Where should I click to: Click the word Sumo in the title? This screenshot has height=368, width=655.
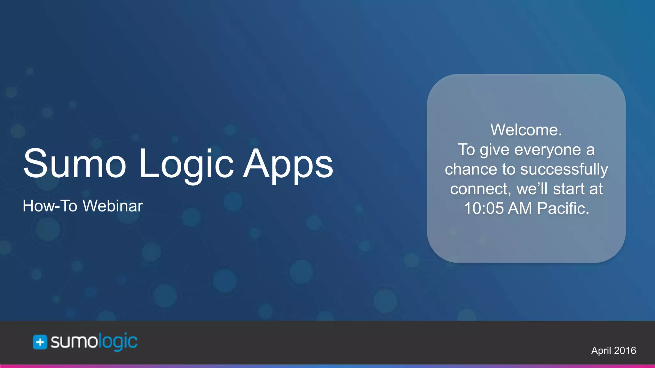click(x=75, y=164)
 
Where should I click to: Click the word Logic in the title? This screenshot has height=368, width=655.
click(x=186, y=164)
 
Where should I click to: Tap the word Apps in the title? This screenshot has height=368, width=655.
click(x=288, y=164)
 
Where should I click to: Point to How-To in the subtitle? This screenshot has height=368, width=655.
click(x=50, y=206)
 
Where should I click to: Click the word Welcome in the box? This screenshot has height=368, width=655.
click(x=525, y=130)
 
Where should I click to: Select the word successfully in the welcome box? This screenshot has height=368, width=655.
click(x=564, y=170)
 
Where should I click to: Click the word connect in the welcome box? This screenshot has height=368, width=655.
click(x=480, y=189)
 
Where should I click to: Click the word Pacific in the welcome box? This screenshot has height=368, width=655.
click(x=563, y=209)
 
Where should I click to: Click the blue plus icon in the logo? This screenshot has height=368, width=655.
click(x=40, y=342)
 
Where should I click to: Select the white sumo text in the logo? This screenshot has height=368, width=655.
click(x=74, y=342)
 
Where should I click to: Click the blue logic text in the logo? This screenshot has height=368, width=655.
click(x=118, y=342)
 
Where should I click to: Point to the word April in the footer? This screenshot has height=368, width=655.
click(x=601, y=351)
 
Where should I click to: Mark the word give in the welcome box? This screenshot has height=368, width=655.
click(x=494, y=150)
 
